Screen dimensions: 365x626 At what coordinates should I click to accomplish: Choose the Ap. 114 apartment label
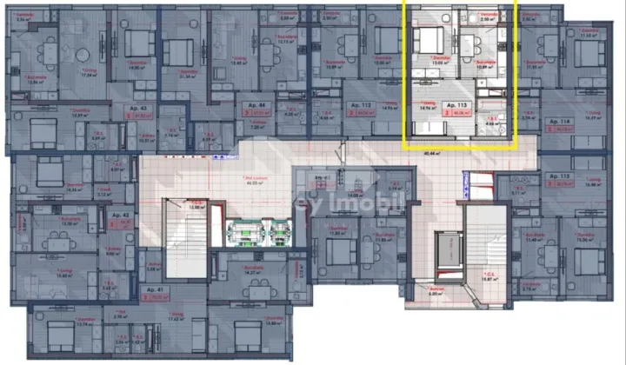point(543,122)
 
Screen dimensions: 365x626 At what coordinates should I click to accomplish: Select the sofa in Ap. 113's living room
point(425,128)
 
